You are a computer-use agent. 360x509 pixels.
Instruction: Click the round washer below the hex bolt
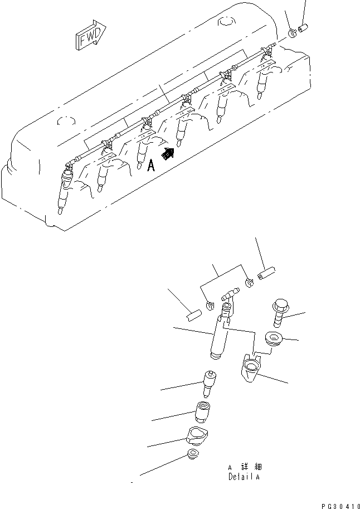click(273, 338)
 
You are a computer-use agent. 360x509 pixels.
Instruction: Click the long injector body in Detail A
click(221, 337)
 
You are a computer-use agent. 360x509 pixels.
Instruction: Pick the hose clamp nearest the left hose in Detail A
click(210, 305)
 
